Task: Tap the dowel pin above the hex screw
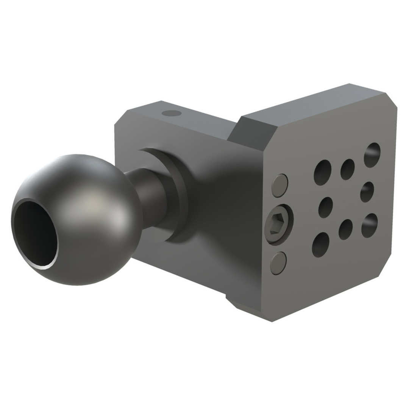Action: click(x=280, y=186)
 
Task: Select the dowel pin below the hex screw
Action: click(x=278, y=263)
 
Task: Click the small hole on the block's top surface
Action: click(x=171, y=113)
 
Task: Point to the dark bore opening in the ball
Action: click(x=35, y=233)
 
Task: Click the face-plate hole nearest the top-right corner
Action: click(x=372, y=155)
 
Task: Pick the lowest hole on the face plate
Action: click(x=321, y=245)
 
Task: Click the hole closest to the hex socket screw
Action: click(x=325, y=208)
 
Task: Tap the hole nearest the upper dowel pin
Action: click(x=322, y=172)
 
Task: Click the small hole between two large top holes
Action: click(x=347, y=169)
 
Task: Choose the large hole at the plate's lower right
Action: click(x=369, y=226)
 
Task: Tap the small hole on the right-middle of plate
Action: click(x=367, y=192)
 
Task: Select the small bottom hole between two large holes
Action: click(x=345, y=229)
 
